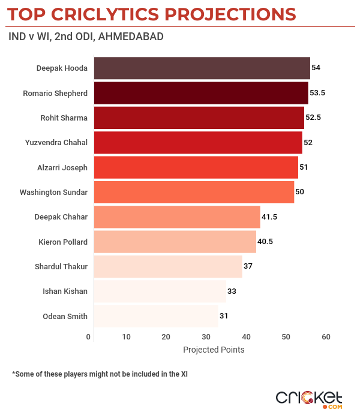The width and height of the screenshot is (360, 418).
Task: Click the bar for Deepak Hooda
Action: [202, 68]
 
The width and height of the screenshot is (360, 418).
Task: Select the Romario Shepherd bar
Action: [201, 93]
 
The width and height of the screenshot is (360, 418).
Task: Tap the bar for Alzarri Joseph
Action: [196, 167]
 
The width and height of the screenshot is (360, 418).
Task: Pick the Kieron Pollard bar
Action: [175, 242]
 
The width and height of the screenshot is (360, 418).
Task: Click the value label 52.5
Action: [313, 118]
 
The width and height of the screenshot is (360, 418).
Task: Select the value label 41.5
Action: [268, 216]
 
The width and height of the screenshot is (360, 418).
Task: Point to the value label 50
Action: [300, 192]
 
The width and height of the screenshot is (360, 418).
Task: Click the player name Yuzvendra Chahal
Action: [56, 143]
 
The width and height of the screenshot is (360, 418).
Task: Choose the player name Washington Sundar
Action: [53, 192]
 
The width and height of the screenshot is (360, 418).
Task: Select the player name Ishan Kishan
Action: [65, 291]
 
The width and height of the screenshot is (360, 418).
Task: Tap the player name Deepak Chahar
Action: [61, 217]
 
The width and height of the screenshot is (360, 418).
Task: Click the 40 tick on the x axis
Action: [246, 337]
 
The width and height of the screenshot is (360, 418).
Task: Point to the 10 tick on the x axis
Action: [126, 337]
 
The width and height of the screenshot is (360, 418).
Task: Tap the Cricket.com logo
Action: [308, 399]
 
